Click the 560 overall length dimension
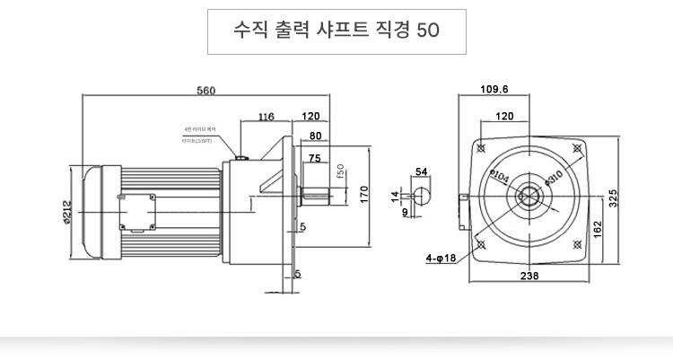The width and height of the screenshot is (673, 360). click(206, 91)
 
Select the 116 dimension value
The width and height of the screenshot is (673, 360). click(266, 117)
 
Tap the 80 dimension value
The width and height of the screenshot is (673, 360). click(315, 136)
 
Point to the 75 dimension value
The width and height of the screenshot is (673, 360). click(314, 158)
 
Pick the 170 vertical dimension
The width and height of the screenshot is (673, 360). click(364, 195)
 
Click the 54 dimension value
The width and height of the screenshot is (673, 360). click(421, 171)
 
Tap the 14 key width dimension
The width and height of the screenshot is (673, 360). click(394, 195)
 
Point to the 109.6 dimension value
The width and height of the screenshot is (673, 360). click(494, 90)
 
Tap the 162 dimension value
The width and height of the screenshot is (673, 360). click(597, 230)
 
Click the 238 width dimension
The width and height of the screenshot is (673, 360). click(529, 277)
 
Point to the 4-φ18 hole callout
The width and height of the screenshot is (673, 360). click(441, 259)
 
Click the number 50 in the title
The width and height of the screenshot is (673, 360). click(429, 31)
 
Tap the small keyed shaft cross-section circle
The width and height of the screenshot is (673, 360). click(421, 195)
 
